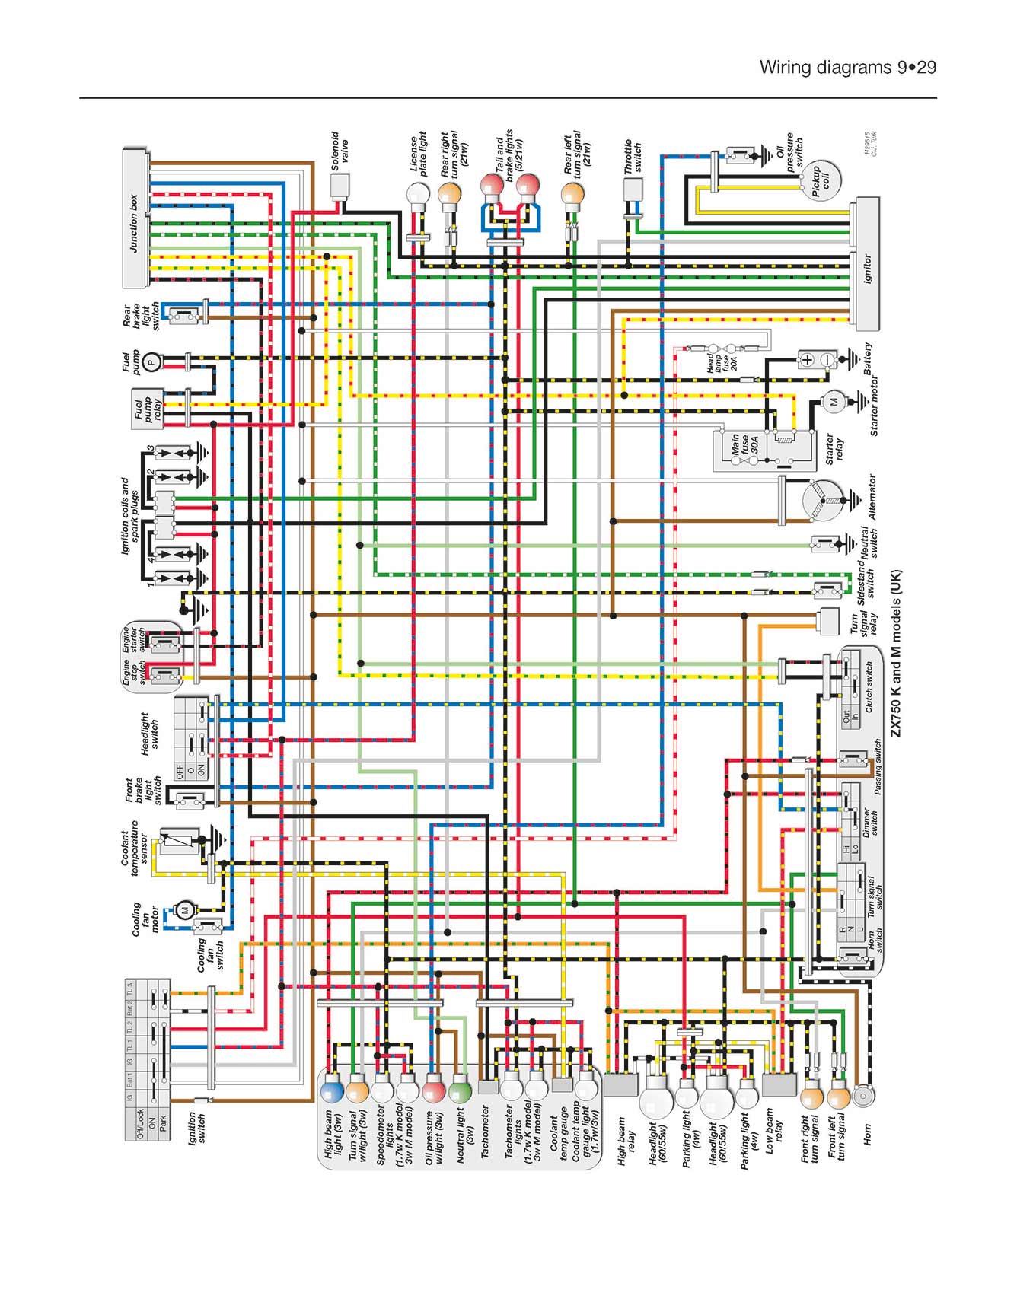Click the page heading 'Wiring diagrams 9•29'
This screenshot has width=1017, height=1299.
pos(847,68)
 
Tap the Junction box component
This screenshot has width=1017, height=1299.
pos(135,218)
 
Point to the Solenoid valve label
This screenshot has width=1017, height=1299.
pos(340,150)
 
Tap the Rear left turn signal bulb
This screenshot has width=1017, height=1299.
pos(572,195)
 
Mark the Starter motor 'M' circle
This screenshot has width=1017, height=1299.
pos(833,401)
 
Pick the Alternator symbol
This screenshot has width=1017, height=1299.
pos(824,501)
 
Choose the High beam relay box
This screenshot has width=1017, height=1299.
pos(620,1084)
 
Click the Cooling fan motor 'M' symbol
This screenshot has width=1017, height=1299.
pos(184,909)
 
